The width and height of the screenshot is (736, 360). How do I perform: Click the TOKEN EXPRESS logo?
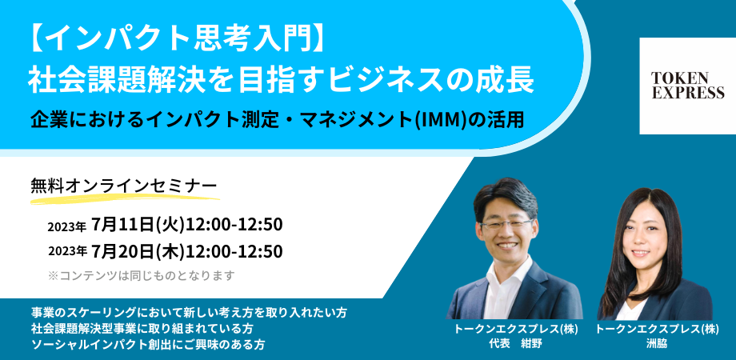click(x=688, y=86)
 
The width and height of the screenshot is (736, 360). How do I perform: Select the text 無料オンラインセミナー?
click(x=124, y=185)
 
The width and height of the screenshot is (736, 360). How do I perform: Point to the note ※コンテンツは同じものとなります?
click(x=140, y=275)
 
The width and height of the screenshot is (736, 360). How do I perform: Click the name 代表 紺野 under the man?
click(x=515, y=343)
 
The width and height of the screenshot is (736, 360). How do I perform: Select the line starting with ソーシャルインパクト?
click(x=148, y=345)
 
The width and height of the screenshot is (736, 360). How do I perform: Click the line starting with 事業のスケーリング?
click(x=189, y=312)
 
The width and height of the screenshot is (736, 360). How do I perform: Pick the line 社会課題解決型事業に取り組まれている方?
click(x=142, y=329)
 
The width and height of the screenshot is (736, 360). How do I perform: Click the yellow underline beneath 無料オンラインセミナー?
click(x=125, y=197)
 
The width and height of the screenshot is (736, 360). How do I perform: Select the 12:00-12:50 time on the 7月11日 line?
click(x=234, y=225)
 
